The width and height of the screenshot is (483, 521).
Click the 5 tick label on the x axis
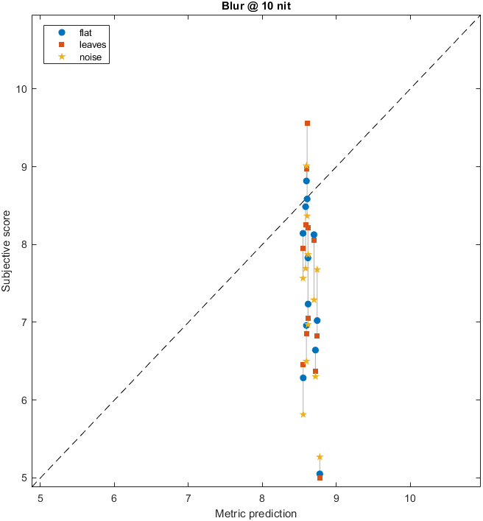coord(40,497)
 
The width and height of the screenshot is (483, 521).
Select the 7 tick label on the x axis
coord(188,497)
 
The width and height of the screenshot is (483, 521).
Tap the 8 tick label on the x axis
coord(262,497)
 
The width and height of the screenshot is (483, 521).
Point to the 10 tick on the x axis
coord(410,497)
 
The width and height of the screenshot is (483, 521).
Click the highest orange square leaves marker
coord(307,123)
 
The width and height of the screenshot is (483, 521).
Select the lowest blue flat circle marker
coord(320,474)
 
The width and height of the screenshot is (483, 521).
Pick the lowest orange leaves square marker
coord(320,478)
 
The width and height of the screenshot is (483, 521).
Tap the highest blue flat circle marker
coord(306,181)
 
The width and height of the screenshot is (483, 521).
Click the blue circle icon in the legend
coord(62,32)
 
